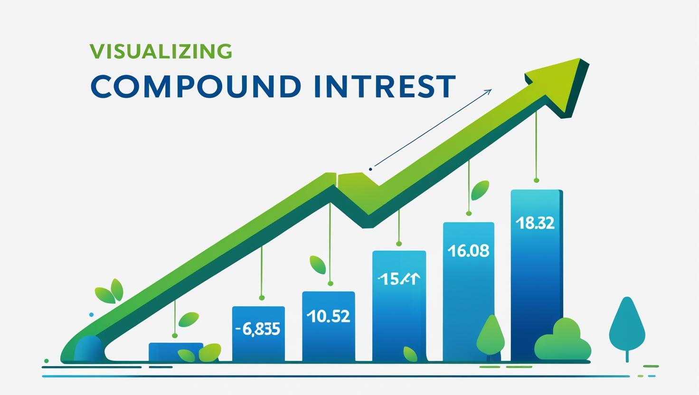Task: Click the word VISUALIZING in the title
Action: pyautogui.click(x=161, y=51)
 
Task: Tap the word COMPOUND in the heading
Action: pyautogui.click(x=195, y=86)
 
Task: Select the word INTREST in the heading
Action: pyautogui.click(x=385, y=86)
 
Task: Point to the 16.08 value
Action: pyautogui.click(x=468, y=251)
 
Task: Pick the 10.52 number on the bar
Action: pyautogui.click(x=328, y=316)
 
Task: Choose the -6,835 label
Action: pyautogui.click(x=258, y=329)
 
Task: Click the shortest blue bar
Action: pyautogui.click(x=175, y=352)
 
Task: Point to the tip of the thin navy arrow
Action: pyautogui.click(x=491, y=90)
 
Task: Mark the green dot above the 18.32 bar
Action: pyautogui.click(x=537, y=180)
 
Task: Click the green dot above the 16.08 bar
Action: pyautogui.click(x=469, y=214)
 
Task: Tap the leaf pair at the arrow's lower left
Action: pyautogui.click(x=110, y=292)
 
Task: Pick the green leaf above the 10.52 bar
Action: pyautogui.click(x=318, y=265)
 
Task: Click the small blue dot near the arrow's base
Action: pyautogui.click(x=91, y=314)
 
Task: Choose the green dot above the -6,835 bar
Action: pyautogui.click(x=261, y=298)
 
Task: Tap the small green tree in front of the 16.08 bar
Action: pyautogui.click(x=490, y=335)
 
